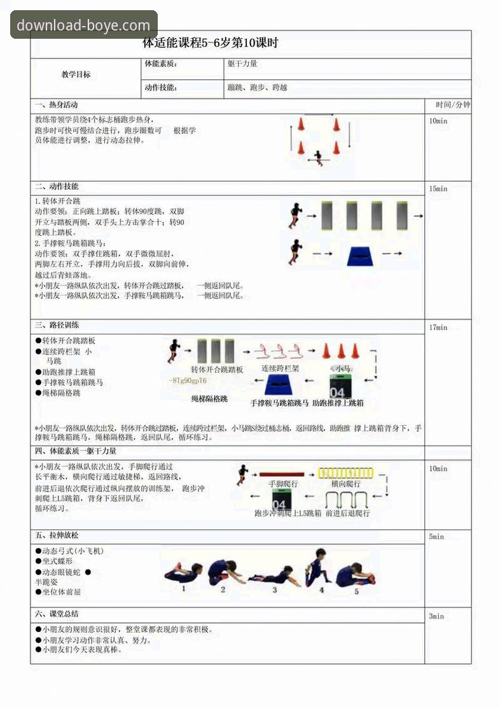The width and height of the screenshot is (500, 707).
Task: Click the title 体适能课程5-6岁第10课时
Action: coord(210,43)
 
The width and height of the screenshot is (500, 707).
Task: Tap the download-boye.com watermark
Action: coord(83,25)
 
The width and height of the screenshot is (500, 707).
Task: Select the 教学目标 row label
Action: coord(76,74)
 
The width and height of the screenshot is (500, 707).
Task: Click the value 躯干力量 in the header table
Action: coord(242,64)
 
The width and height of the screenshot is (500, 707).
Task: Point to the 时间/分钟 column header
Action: coord(453,105)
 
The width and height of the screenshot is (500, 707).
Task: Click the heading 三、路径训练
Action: coord(57,325)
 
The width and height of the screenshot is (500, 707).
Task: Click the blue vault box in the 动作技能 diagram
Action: coord(364,256)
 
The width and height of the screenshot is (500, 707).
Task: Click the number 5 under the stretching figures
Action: coord(356,591)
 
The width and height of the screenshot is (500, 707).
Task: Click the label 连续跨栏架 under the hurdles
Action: coord(280,368)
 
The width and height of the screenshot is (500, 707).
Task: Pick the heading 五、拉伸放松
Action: coord(61,535)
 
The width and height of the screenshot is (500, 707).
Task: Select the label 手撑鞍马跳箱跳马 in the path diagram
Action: coord(279,402)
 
